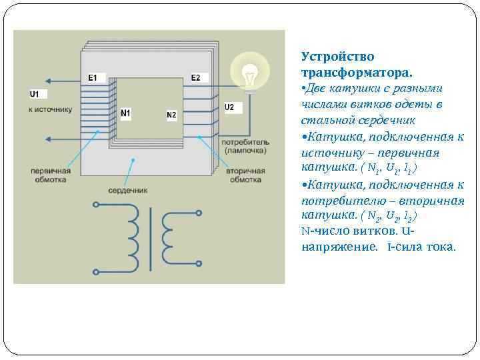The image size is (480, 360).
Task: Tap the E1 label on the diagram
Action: [x=93, y=78]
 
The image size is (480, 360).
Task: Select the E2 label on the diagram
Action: [x=195, y=78]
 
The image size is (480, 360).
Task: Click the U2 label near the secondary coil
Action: [x=229, y=107]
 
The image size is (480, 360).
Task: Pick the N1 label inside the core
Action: [x=125, y=113]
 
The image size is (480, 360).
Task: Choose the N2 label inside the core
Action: [x=171, y=115]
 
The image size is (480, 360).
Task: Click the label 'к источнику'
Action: [x=50, y=109]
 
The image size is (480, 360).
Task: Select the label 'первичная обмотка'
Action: [x=50, y=175]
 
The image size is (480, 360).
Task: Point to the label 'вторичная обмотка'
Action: [x=246, y=175]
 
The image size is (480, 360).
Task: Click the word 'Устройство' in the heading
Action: [x=337, y=57]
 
